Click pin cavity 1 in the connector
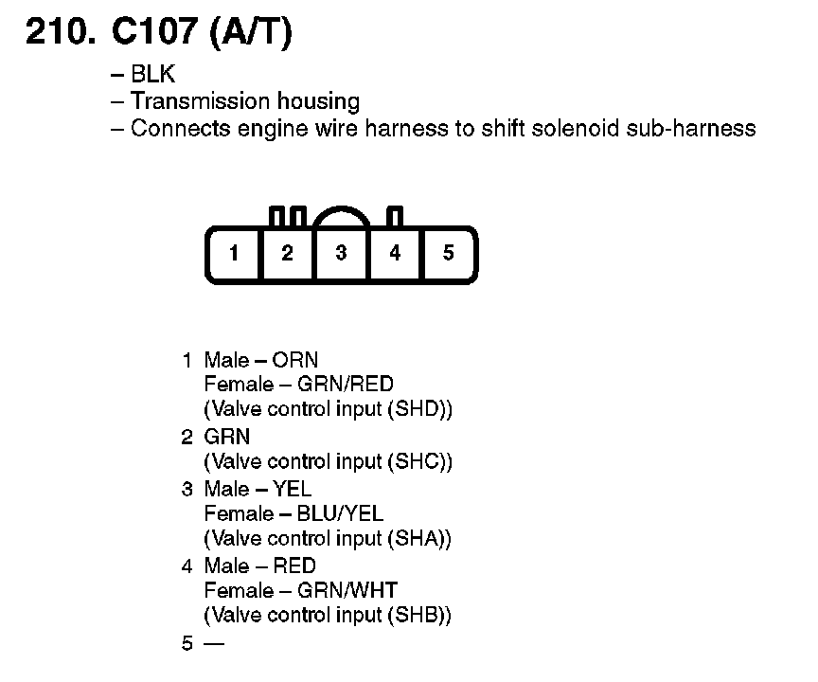pos(233,253)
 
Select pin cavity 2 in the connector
pos(287,253)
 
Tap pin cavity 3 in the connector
pos(341,253)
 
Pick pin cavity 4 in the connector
pos(395,253)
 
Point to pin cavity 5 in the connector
pos(449,253)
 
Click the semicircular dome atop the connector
pos(341,218)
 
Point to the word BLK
pos(153,76)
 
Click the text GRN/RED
pos(346,385)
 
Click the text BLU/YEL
pos(340,513)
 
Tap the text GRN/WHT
pos(347,591)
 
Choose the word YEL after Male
pos(292,489)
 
